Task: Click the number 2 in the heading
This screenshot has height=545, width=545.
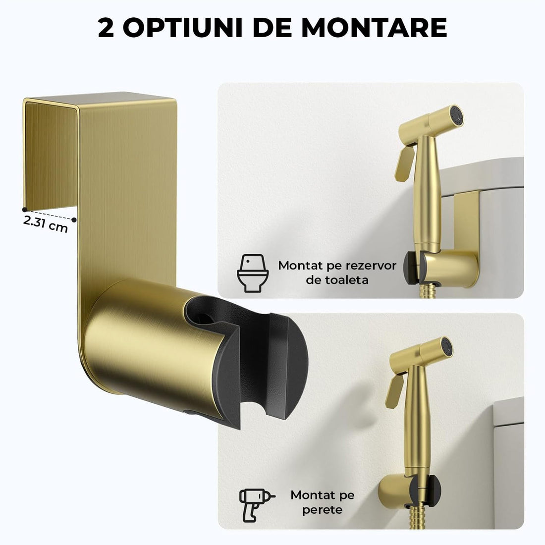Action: (107, 28)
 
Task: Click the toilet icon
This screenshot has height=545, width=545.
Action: (253, 272)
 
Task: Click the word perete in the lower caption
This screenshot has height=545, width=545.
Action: (323, 509)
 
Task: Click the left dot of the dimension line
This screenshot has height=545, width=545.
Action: (24, 203)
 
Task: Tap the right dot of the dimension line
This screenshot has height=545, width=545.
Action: (74, 219)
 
